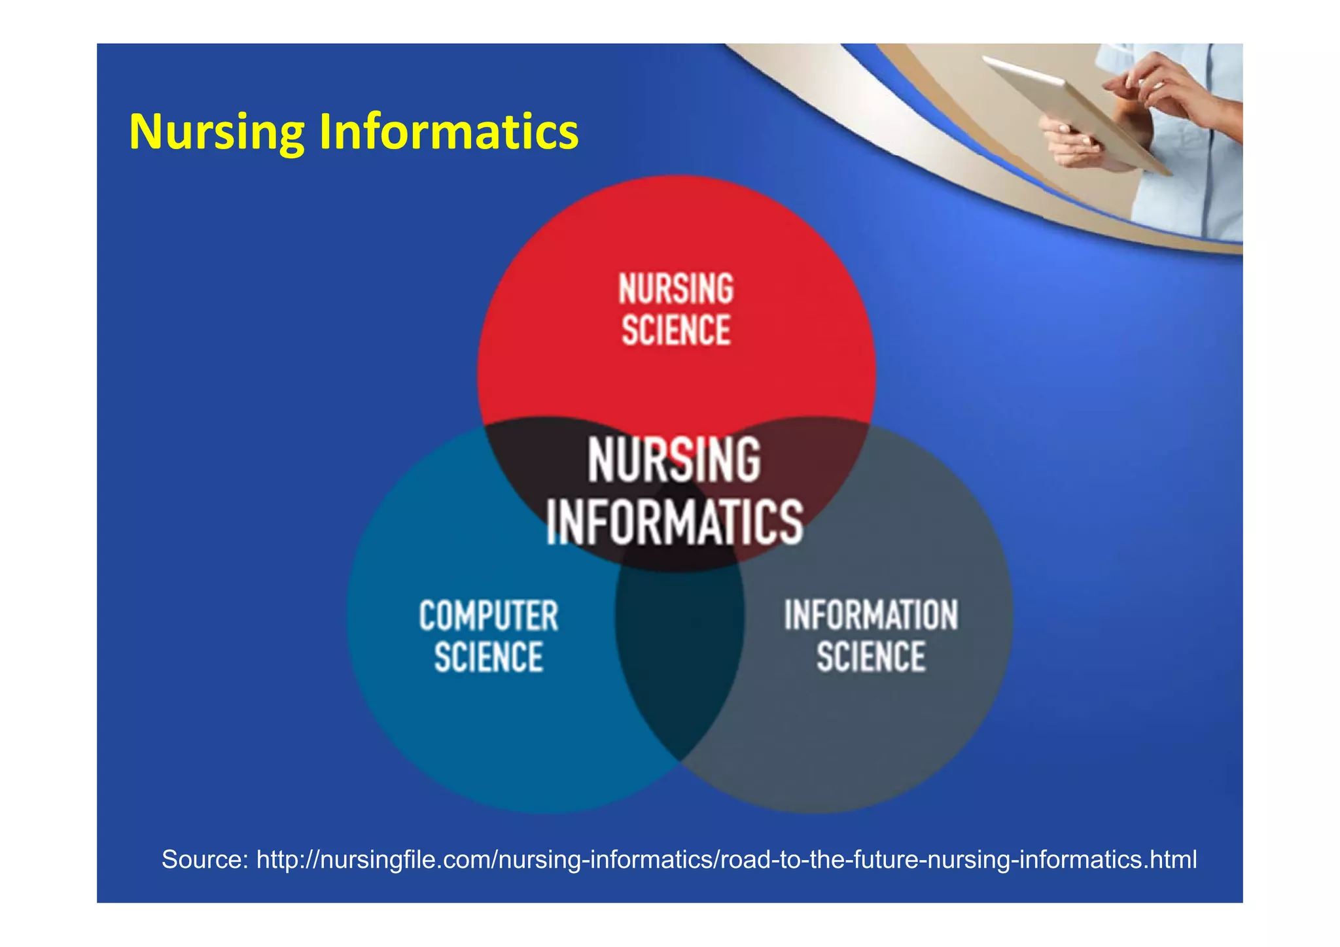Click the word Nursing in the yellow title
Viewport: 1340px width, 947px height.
pos(216,133)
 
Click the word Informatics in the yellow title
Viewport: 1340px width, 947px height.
pos(448,133)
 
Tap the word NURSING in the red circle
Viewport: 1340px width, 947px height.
pos(676,289)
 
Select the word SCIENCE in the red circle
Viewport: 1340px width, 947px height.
pos(676,330)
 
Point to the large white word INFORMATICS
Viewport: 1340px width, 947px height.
pos(675,522)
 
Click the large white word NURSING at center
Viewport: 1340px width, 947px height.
pos(675,460)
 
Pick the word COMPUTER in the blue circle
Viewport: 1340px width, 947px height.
pos(489,616)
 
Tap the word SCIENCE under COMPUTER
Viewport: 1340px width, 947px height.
pos(489,657)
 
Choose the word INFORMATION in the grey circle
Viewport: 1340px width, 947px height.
pos(871,615)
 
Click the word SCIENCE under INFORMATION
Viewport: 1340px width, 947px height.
pos(871,657)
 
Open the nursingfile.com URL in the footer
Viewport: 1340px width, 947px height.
pos(726,859)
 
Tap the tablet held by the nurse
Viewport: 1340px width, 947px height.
pos(1073,111)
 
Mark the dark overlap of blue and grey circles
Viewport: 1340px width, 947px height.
pos(679,654)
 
